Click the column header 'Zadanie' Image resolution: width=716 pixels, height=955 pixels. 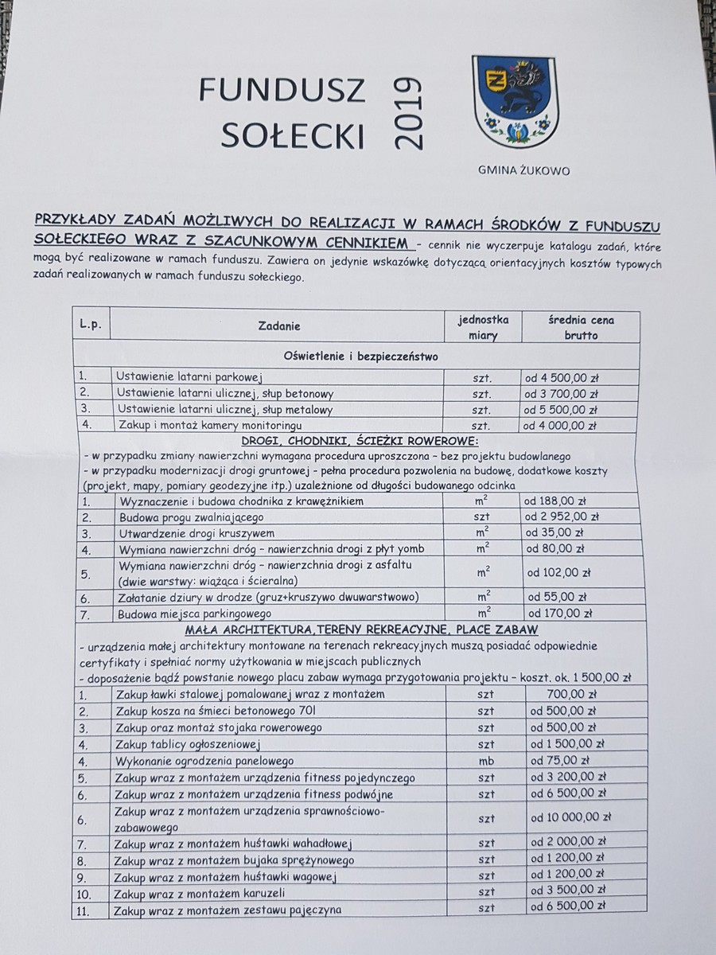coord(279,325)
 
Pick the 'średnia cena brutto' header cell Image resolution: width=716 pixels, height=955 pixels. coord(580,326)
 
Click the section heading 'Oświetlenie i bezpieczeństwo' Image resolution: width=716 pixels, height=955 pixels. coord(360,357)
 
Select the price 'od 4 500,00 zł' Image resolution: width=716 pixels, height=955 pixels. coord(561,377)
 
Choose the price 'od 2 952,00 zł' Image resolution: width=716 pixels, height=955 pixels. coord(561,517)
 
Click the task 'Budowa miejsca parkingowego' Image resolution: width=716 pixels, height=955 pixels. coord(195,614)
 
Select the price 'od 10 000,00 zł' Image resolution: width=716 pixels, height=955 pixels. coord(570,817)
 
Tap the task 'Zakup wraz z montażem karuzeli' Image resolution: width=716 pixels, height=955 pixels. coord(200,892)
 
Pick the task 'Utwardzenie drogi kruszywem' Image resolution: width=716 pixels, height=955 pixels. coord(196,533)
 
